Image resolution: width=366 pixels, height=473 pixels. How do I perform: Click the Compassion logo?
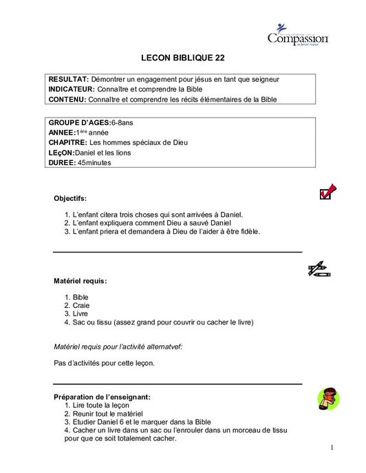click(x=298, y=35)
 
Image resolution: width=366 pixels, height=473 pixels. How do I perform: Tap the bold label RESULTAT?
click(x=67, y=80)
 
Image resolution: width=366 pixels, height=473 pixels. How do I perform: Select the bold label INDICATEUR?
click(x=71, y=89)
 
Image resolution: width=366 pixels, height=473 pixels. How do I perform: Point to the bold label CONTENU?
click(x=67, y=100)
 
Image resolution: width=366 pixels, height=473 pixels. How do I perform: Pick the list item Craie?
click(x=81, y=305)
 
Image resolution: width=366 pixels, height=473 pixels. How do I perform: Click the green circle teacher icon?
click(x=327, y=397)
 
